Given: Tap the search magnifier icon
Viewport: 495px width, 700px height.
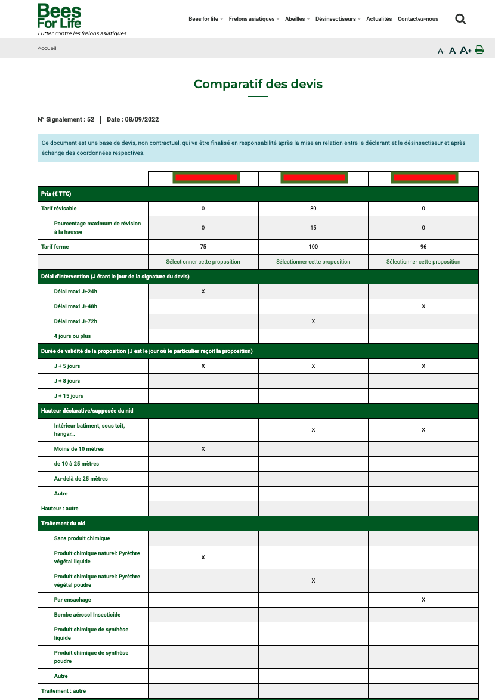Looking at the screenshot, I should [x=460, y=19].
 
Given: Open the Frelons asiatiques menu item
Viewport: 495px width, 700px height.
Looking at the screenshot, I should [x=252, y=19].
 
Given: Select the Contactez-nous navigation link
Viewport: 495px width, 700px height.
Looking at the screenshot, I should [x=417, y=19].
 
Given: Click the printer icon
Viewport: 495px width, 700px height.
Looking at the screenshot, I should [x=479, y=50].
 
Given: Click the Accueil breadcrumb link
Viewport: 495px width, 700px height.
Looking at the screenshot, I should [x=47, y=48].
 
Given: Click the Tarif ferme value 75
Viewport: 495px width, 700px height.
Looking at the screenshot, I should [x=203, y=247].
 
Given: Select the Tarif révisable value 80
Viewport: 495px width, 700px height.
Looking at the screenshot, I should [x=313, y=209].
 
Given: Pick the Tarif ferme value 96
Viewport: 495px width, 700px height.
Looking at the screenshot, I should [x=423, y=247].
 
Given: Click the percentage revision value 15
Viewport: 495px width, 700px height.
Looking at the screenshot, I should [x=313, y=228].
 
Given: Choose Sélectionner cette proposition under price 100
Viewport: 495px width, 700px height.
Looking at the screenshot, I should [x=313, y=262].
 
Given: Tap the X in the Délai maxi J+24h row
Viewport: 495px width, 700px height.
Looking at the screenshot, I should [x=203, y=292].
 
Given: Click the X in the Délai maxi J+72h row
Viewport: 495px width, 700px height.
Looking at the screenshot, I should [x=313, y=321].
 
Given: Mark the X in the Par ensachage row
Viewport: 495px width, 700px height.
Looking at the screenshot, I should [x=423, y=600].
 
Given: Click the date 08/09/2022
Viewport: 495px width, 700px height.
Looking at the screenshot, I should [x=141, y=120].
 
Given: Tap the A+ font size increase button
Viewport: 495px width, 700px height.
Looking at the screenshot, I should [x=466, y=51].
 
